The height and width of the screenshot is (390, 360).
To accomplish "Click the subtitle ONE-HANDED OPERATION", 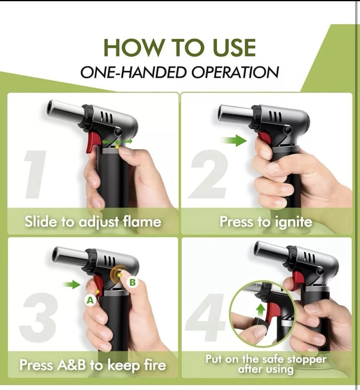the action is coord(180,72).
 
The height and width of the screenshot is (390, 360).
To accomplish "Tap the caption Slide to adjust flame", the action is coord(93,222).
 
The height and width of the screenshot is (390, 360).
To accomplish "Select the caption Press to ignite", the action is coord(266,221).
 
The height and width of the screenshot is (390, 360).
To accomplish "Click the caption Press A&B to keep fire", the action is coord(93,365).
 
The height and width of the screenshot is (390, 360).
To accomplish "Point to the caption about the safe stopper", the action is coord(266,364).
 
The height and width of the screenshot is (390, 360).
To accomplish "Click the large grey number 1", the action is coord(35,175).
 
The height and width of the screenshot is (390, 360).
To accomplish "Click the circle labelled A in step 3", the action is coord(90,300).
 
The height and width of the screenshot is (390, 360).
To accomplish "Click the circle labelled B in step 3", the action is coord(133,282).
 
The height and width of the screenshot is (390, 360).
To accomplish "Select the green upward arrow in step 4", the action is coord(260,310).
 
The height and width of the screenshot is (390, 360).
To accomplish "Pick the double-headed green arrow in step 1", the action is coord(117,141).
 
